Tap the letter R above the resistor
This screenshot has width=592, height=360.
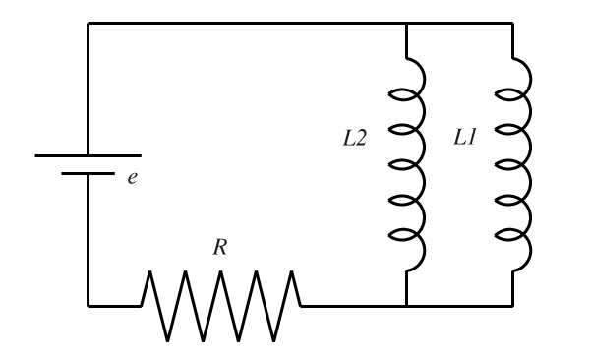(220, 248)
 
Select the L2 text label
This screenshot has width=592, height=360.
(354, 139)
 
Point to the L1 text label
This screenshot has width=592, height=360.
(464, 139)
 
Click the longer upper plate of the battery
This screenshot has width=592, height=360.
(88, 155)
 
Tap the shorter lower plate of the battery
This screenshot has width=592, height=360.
(88, 173)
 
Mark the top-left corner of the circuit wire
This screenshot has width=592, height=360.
(88, 24)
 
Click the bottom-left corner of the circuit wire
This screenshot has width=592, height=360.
(88, 305)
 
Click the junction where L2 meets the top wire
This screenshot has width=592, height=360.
(406, 24)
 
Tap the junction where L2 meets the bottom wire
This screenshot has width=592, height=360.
(406, 305)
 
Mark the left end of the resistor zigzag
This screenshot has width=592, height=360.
(143, 304)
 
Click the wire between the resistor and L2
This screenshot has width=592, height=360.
(352, 305)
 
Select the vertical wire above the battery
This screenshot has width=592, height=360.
(88, 89)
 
